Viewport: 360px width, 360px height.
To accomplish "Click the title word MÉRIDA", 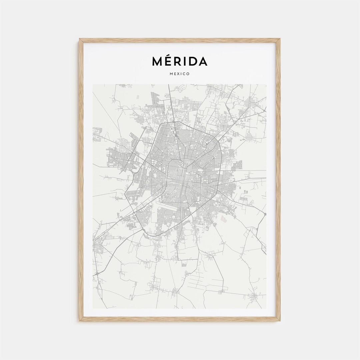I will coord(180,61).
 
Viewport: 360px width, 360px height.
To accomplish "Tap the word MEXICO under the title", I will coord(180,74).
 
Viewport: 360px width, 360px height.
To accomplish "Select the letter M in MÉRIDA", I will coord(157,61).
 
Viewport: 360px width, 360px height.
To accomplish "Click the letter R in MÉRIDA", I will coord(177,61).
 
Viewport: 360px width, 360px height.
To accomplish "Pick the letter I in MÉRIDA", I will coord(184,61).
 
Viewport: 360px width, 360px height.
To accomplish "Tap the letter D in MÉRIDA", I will coord(192,61).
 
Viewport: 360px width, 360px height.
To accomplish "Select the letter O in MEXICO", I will coord(188,74).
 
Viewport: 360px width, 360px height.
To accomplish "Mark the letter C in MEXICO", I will coord(184,74).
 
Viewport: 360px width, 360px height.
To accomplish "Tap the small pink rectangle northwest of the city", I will coord(137,97).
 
